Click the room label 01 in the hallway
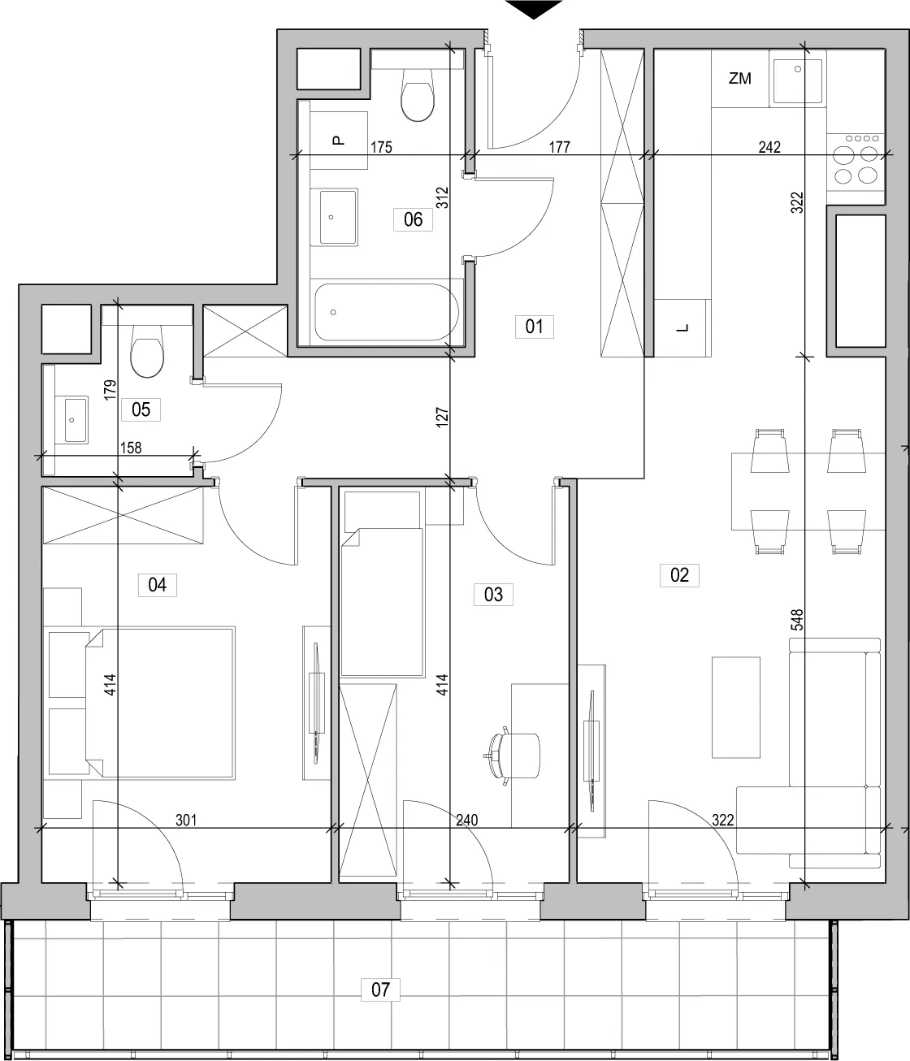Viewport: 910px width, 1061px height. tap(535, 327)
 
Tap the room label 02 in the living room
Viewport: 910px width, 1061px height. tap(679, 575)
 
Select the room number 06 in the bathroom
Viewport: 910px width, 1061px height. tap(414, 219)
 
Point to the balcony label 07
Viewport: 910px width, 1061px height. tap(380, 990)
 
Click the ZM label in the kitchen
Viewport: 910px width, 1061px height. tap(739, 79)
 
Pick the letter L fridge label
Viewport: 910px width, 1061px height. tap(682, 328)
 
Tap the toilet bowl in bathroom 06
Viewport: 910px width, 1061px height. tap(418, 95)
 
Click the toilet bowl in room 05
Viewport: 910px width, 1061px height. tap(147, 351)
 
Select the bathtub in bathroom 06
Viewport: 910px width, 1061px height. tap(387, 312)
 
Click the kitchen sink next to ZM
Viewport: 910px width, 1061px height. tap(798, 79)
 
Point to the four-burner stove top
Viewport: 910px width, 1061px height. tap(856, 162)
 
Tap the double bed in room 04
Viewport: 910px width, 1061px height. tap(160, 703)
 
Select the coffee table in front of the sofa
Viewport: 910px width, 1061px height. tap(735, 708)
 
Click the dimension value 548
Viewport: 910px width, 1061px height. tap(796, 620)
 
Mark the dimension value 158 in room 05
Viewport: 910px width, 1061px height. tap(131, 448)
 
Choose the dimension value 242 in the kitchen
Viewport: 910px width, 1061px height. tap(769, 147)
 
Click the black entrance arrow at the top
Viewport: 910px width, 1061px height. tap(534, 9)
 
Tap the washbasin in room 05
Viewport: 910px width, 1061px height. tap(76, 420)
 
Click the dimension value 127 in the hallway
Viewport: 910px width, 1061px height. tap(443, 417)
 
